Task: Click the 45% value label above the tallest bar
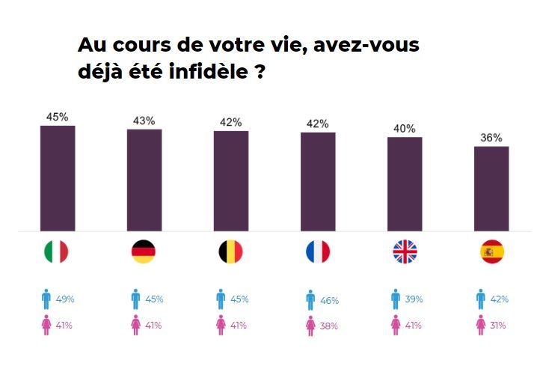pyautogui.click(x=58, y=117)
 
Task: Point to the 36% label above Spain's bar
pyautogui.click(x=491, y=138)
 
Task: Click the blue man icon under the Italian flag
pyautogui.click(x=46, y=299)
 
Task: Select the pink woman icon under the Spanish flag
pyautogui.click(x=480, y=326)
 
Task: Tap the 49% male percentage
pyautogui.click(x=65, y=299)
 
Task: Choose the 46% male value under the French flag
pyautogui.click(x=329, y=300)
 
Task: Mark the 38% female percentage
pyautogui.click(x=329, y=326)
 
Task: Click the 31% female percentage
pyautogui.click(x=498, y=326)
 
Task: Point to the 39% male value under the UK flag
pyautogui.click(x=413, y=299)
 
